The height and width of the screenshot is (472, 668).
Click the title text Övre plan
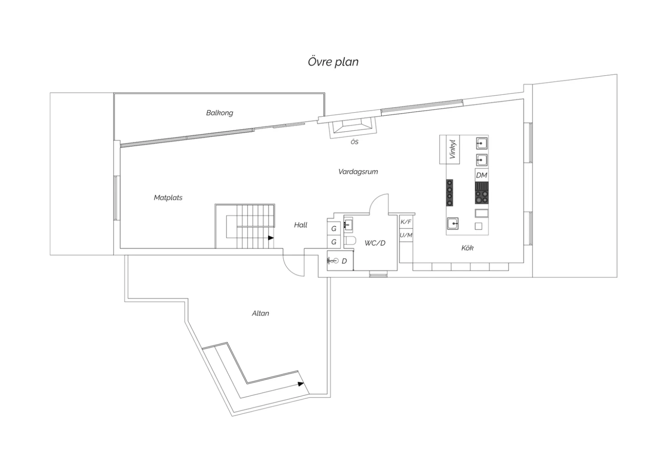(x=333, y=62)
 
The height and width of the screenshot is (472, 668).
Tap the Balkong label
(x=220, y=113)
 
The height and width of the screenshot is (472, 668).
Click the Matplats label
(x=168, y=198)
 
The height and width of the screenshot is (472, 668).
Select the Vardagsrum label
(x=358, y=172)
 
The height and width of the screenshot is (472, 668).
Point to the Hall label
(x=301, y=225)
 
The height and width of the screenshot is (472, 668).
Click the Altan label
(x=261, y=313)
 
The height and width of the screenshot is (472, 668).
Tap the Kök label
(x=467, y=248)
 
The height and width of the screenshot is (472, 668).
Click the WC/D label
(x=375, y=243)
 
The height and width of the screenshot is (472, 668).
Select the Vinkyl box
(x=449, y=149)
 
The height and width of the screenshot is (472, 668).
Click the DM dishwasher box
(x=481, y=175)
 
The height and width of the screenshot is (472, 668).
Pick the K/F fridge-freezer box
(x=406, y=222)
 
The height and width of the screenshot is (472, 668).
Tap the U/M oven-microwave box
(x=406, y=235)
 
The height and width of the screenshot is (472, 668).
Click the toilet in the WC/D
(x=350, y=241)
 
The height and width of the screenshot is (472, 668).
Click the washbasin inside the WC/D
(x=348, y=224)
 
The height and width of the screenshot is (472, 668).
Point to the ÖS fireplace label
(x=354, y=142)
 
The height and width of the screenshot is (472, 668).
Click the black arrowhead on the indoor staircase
(x=271, y=238)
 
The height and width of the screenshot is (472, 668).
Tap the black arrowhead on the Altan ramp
(x=301, y=384)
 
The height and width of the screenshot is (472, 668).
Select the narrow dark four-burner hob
(x=449, y=193)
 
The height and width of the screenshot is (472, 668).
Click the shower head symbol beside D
(x=333, y=261)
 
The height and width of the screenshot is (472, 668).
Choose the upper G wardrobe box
(x=334, y=228)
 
